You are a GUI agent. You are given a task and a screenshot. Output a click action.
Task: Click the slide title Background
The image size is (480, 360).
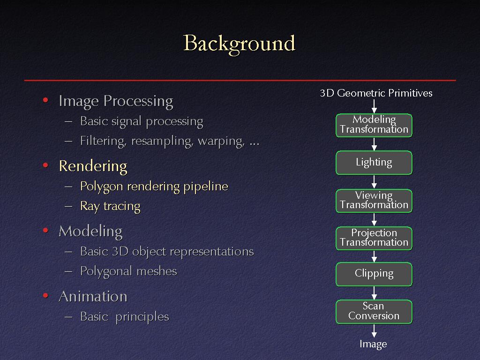240,44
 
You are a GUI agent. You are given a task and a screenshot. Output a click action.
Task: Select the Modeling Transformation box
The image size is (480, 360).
374,125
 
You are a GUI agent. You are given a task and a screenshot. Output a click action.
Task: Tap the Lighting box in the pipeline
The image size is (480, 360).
374,163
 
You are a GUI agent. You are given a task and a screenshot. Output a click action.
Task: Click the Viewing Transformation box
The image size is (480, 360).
374,201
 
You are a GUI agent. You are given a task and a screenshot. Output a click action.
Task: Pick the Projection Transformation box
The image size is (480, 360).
374,238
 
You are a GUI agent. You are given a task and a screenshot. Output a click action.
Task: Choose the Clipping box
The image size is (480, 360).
374,274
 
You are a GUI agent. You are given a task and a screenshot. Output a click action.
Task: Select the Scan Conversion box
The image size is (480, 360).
374,312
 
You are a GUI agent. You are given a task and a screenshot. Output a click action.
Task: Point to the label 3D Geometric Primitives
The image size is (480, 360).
376,93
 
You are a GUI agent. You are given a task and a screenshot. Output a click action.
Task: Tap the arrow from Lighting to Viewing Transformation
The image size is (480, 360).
374,182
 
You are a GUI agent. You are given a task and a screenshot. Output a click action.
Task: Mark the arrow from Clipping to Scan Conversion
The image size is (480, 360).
374,293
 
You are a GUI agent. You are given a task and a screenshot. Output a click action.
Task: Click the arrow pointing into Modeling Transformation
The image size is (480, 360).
374,106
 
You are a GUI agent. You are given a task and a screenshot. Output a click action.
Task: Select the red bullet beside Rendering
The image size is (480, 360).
45,165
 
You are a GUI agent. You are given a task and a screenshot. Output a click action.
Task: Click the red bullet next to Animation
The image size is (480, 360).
45,295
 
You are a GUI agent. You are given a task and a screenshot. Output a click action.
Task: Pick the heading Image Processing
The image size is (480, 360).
116,101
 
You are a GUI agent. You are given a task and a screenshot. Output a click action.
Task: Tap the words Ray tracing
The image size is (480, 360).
110,206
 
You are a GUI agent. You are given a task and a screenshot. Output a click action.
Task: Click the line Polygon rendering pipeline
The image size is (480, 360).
154,187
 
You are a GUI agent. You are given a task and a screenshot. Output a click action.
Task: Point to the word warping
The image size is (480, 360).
221,142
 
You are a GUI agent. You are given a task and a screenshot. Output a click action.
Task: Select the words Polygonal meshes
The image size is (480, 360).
128,271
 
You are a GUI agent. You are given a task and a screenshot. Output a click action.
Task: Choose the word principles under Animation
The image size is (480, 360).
142,317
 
